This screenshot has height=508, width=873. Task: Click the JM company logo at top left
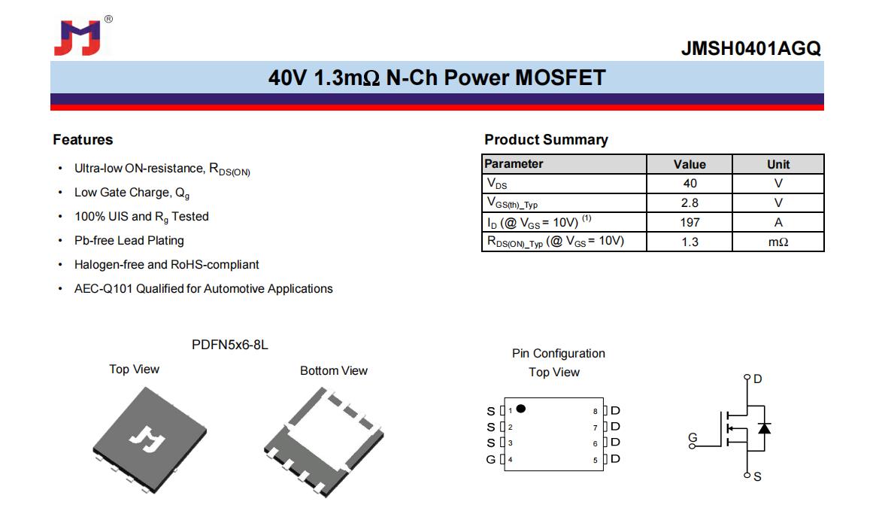78,38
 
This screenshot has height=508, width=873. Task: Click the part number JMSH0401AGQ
751,48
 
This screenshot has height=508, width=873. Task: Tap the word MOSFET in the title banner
560,78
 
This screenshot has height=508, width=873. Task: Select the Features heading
83,139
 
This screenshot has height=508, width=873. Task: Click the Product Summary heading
546,139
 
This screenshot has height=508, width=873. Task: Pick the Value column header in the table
690,164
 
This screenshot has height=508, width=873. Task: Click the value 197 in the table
690,222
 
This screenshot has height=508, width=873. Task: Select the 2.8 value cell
690,202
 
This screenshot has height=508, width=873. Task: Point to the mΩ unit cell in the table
778,242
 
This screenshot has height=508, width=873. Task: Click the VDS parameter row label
497,184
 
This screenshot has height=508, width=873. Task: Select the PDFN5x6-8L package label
230,345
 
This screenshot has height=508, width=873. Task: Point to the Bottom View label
334,370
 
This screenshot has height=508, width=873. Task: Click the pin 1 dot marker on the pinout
521,409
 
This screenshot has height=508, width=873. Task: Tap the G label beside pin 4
490,460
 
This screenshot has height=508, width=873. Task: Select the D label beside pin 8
615,410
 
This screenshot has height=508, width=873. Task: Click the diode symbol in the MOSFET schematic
765,427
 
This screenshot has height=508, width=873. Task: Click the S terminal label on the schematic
757,477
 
